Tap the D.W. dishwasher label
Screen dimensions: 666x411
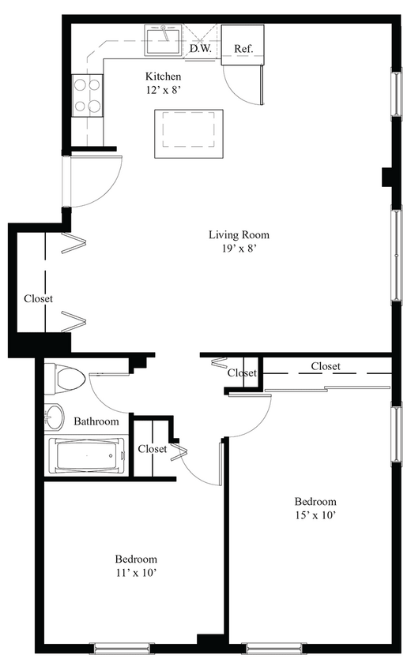coord(199,49)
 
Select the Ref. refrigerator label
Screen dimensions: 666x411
coord(243,49)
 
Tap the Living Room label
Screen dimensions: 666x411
coord(239,234)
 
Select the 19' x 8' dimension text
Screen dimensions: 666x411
coord(239,248)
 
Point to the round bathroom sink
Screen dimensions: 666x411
coord(55,415)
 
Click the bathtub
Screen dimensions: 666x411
coord(87,456)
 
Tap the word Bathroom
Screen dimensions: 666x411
coord(96,421)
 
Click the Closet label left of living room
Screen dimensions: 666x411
coord(38,299)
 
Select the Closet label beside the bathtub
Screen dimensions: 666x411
coord(152,449)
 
